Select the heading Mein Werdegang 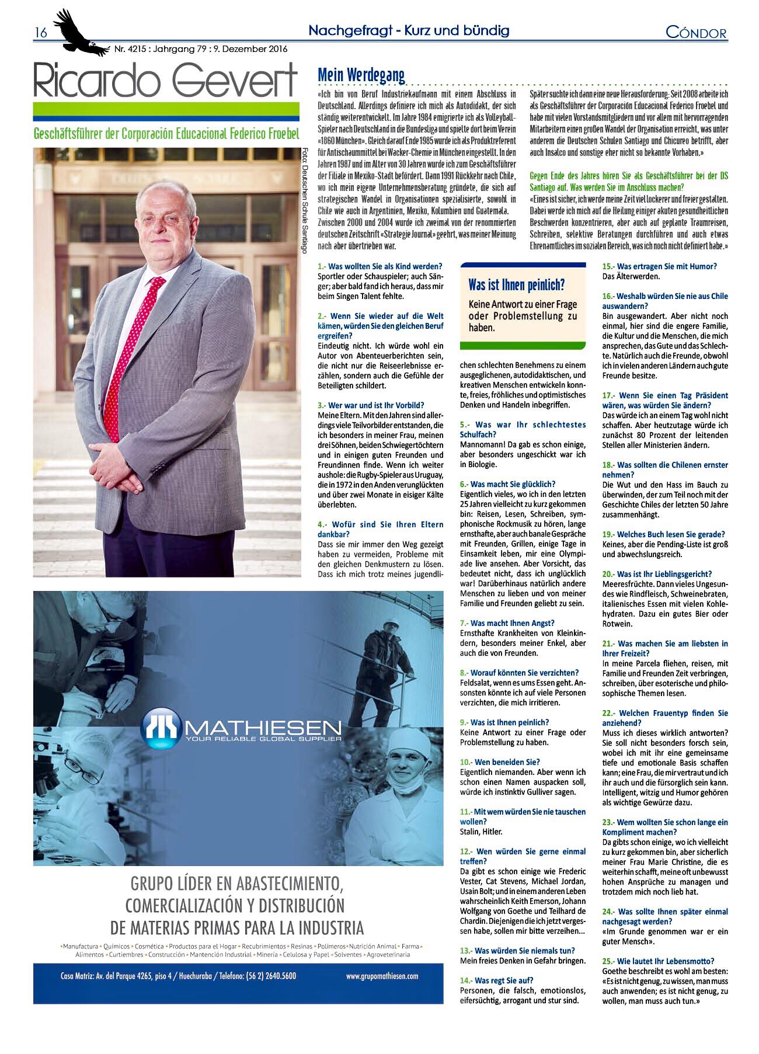click(x=361, y=75)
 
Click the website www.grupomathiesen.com click(x=382, y=975)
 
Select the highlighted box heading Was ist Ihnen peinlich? click(x=516, y=285)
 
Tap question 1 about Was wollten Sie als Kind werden click(x=379, y=266)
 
